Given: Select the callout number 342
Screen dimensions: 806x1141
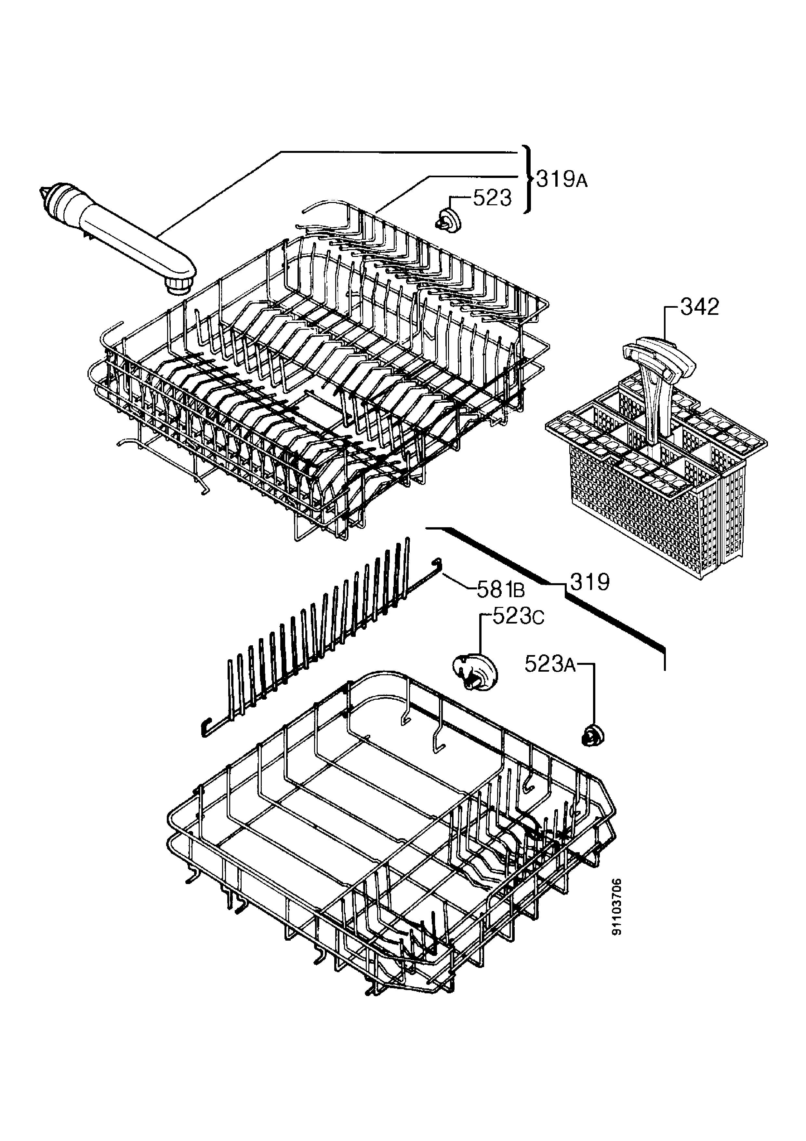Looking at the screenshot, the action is pos(699,307).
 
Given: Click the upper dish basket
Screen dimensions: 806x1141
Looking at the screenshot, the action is pos(318,378).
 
